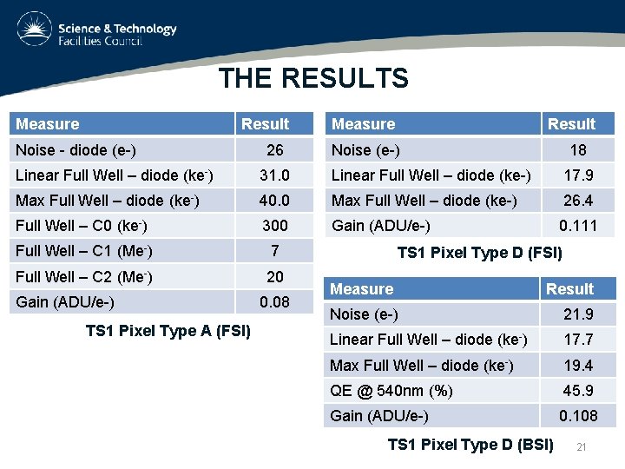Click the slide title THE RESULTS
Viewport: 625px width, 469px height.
[x=313, y=79]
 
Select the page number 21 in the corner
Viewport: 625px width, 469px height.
[x=582, y=446]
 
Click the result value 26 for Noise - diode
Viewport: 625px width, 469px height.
[x=275, y=150]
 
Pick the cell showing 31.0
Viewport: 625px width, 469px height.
[x=275, y=175]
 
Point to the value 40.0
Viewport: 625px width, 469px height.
[x=275, y=201]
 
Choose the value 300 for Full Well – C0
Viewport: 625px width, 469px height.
[x=275, y=226]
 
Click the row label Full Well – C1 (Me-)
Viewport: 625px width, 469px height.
[x=82, y=252]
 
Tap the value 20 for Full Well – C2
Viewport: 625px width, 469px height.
[x=275, y=277]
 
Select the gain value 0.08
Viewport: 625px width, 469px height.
[x=275, y=302]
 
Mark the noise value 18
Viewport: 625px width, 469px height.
[x=577, y=150]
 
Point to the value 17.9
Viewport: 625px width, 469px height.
[x=577, y=175]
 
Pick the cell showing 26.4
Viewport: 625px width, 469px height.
[x=577, y=201]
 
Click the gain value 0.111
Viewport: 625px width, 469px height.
[x=577, y=226]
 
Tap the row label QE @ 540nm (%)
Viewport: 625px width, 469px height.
[x=391, y=390]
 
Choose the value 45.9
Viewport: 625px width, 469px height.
[x=577, y=390]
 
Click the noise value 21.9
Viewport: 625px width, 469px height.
[x=577, y=314]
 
